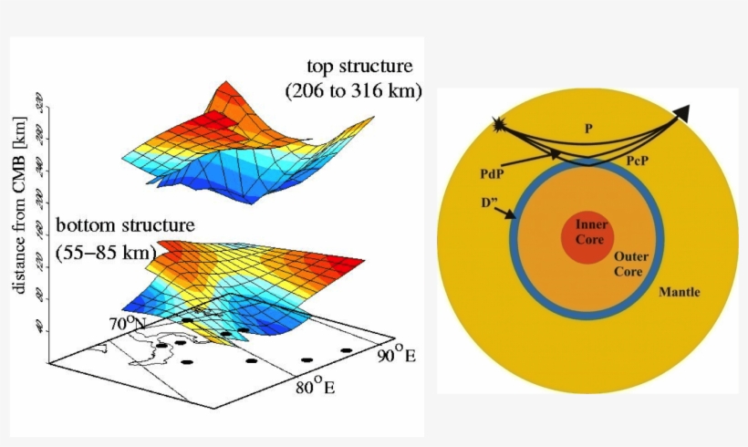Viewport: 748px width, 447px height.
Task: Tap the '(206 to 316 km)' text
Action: [x=352, y=91]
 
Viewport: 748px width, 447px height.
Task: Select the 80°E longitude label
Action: [x=316, y=388]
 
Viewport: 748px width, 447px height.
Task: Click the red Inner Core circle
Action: [x=592, y=234]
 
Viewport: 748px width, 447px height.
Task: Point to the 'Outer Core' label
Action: [x=630, y=265]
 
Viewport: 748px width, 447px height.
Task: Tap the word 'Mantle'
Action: [x=679, y=292]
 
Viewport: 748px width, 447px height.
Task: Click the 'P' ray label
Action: [x=589, y=130]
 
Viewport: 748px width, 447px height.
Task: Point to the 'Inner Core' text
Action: [x=592, y=232]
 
